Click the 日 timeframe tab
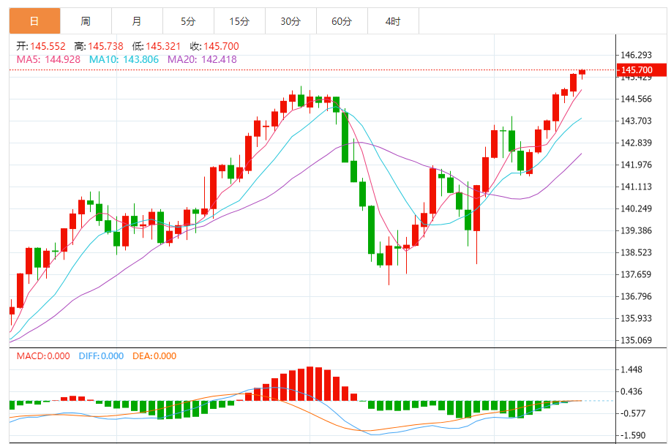(x=35, y=21)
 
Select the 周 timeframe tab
(x=86, y=21)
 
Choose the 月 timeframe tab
(x=138, y=21)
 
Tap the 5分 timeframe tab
(x=189, y=21)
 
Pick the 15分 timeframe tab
(x=239, y=21)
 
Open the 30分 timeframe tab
(x=290, y=21)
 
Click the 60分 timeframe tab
(x=342, y=21)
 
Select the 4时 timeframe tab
(x=393, y=21)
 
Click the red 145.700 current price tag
(x=642, y=70)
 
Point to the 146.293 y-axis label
(x=637, y=56)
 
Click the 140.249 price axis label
(x=637, y=209)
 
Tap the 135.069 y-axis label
(x=637, y=340)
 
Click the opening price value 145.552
(x=48, y=46)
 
